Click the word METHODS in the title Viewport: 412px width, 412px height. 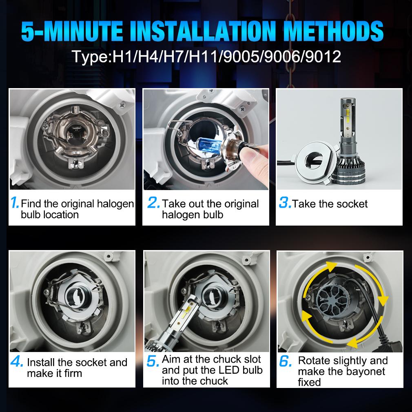click(333, 31)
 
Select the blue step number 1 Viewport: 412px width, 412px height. click(14, 202)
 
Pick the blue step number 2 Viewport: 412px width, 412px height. click(153, 202)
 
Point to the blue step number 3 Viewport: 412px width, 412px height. click(285, 202)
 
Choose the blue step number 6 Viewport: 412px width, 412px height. click(286, 361)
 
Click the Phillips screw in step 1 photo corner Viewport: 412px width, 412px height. click(122, 105)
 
